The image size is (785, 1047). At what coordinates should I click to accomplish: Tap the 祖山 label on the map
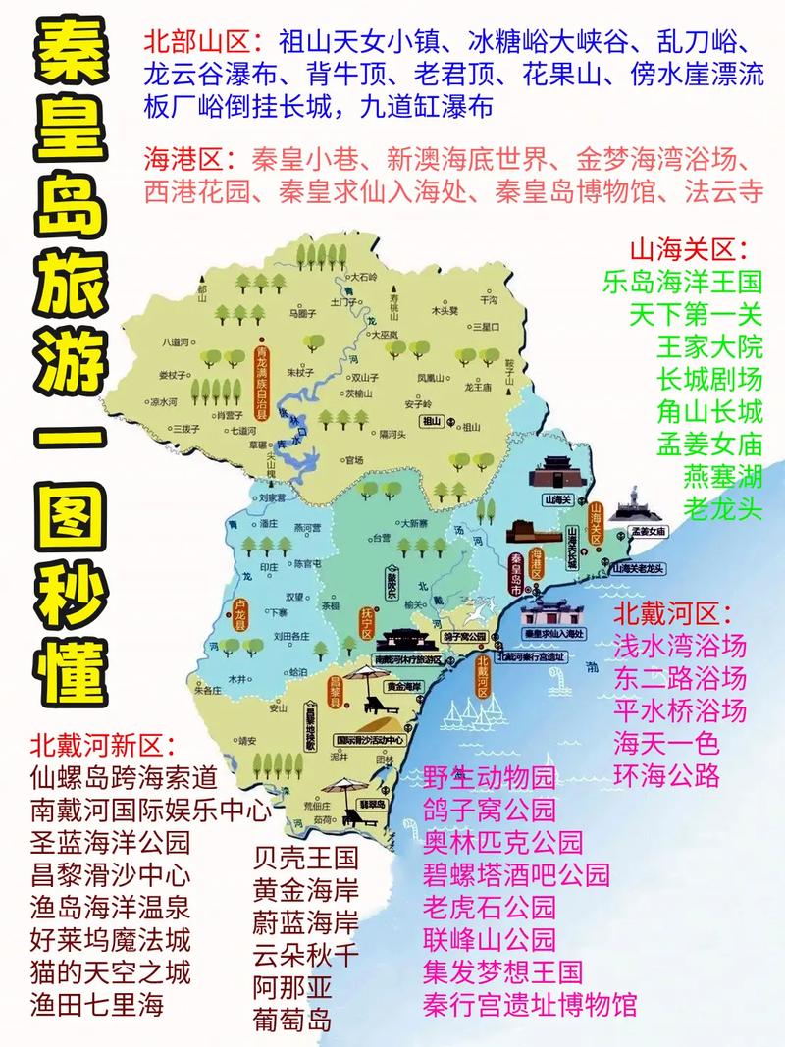tap(433, 422)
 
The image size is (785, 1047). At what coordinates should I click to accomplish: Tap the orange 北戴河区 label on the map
tap(482, 676)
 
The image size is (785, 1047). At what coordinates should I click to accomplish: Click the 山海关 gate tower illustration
tap(555, 475)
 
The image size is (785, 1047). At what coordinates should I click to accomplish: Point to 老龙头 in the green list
tap(722, 508)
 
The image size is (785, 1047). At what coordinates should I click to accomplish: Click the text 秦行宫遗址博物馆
tap(530, 1004)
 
